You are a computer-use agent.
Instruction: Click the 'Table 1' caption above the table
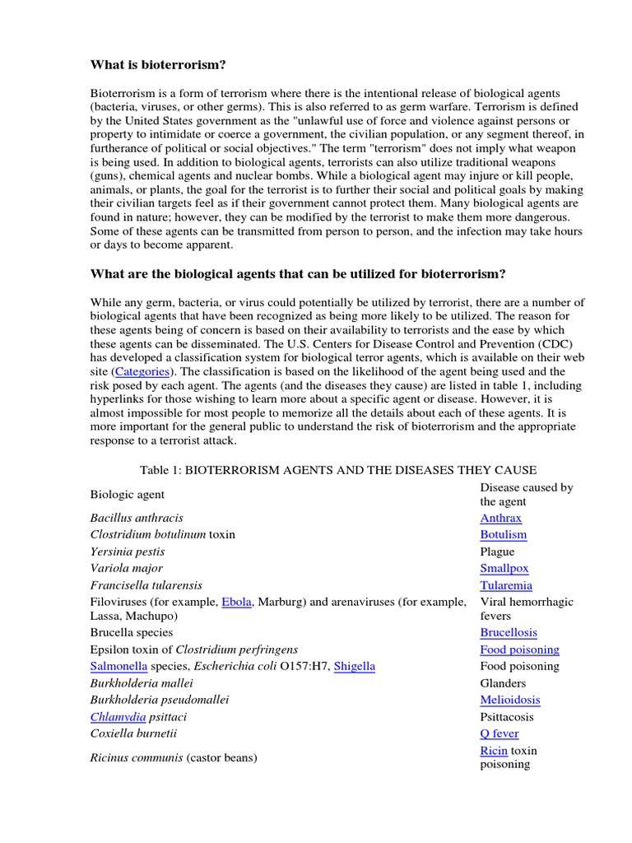click(x=338, y=470)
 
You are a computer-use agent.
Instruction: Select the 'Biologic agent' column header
click(x=127, y=495)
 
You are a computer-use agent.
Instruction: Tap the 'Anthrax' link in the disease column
click(x=500, y=518)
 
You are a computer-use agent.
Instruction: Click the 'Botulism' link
click(x=503, y=534)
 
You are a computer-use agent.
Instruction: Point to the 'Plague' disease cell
click(x=497, y=552)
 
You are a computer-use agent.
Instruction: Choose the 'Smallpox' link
click(x=504, y=568)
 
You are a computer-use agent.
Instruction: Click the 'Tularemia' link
click(x=505, y=585)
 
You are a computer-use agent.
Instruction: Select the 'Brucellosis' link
click(x=509, y=632)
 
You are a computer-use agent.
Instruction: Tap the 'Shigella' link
click(x=354, y=666)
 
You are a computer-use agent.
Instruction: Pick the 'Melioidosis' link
click(x=509, y=700)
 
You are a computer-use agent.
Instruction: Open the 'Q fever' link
click(x=499, y=734)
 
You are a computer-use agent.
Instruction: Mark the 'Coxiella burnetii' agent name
click(x=132, y=734)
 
